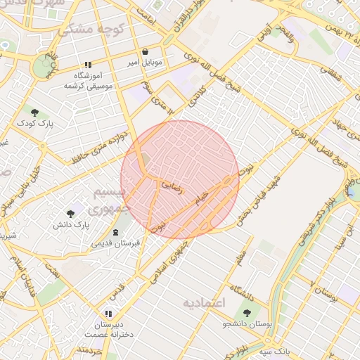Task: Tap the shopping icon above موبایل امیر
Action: (145, 52)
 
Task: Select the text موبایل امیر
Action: (145, 63)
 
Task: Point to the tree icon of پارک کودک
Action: (34, 112)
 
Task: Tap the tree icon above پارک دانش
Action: (70, 213)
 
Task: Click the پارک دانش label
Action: (71, 224)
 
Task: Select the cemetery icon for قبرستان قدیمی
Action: (116, 233)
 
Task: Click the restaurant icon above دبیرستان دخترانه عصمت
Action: (108, 314)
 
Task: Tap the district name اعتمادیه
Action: (203, 304)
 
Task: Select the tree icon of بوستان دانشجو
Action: (247, 313)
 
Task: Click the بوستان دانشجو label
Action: (247, 324)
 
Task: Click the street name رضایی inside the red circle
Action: (173, 186)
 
